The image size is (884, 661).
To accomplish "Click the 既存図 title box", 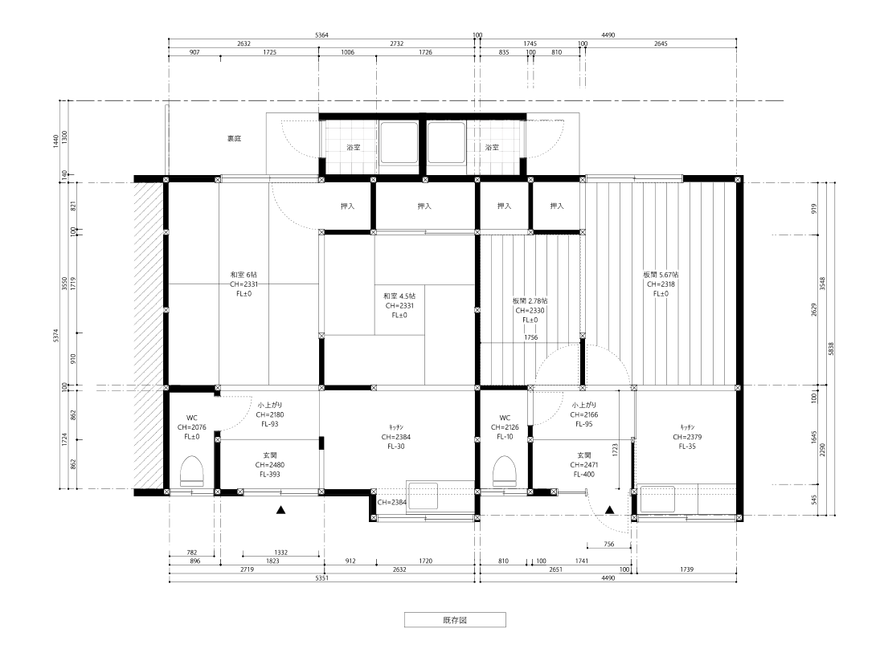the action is (455, 620).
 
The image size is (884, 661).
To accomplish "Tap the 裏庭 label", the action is (234, 139).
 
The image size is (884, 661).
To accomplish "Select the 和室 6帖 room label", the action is (244, 275).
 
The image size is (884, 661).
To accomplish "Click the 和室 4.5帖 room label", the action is (399, 296).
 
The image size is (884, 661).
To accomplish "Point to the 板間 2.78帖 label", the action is (530, 301).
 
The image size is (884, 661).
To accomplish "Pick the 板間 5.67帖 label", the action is (661, 275).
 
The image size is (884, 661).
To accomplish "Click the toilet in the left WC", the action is (192, 471).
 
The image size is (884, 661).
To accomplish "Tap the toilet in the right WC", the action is (505, 471).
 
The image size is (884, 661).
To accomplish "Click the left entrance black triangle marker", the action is (280, 510).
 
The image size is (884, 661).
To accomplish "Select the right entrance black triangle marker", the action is (610, 510).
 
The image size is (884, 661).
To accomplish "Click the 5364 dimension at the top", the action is (321, 35).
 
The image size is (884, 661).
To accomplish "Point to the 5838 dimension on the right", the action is (831, 349).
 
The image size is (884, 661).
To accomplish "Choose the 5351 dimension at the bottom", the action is (321, 578).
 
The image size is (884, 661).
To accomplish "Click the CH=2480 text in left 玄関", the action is (270, 465).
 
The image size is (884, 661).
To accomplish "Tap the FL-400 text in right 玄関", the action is (584, 475).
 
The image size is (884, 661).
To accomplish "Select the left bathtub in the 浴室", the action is (399, 143).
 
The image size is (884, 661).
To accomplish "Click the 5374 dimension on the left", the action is (55, 336).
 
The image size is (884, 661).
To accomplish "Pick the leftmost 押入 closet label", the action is (348, 206).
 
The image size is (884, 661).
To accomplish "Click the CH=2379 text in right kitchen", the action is (687, 437).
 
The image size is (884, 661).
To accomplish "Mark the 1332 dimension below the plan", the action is (280, 553).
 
